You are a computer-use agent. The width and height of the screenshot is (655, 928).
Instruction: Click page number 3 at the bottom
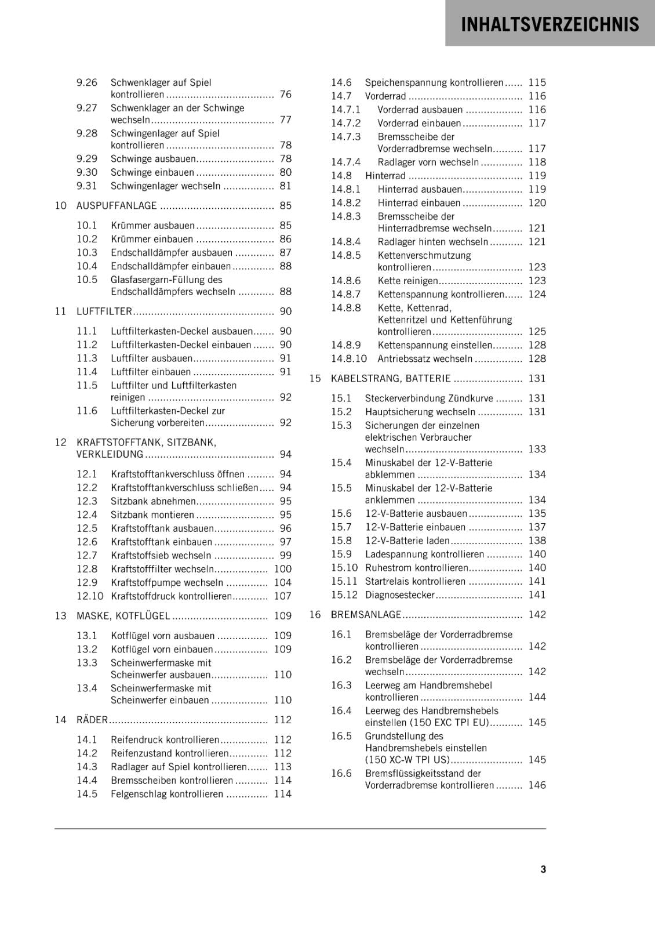(543, 869)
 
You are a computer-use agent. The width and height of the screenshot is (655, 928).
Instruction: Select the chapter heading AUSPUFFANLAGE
(117, 206)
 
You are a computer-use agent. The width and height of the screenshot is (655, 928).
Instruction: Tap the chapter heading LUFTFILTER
(104, 311)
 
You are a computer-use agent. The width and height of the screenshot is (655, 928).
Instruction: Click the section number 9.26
(87, 82)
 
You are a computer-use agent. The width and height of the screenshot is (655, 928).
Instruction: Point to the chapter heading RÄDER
(92, 720)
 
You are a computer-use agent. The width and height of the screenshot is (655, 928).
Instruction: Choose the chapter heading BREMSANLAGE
(366, 615)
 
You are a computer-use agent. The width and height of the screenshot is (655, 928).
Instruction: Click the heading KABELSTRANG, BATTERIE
(390, 379)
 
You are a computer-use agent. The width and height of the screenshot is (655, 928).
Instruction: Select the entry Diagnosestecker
(399, 595)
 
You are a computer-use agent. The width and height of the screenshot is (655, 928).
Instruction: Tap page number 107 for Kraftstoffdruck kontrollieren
(282, 596)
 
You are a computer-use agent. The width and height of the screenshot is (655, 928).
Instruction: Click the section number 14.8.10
(349, 359)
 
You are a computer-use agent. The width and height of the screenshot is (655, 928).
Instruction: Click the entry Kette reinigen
(407, 281)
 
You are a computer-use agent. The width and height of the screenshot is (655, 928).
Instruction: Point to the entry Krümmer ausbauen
(152, 226)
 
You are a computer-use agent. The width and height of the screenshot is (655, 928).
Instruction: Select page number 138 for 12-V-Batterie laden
(537, 541)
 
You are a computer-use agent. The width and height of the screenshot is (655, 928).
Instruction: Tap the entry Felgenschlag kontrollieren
(167, 794)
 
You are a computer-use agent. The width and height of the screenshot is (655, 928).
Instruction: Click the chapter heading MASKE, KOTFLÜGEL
(123, 616)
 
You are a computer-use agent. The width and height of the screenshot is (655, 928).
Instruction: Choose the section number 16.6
(341, 773)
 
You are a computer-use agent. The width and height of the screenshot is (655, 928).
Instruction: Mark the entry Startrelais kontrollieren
(415, 582)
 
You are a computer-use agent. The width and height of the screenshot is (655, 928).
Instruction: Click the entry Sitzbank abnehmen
(153, 501)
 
